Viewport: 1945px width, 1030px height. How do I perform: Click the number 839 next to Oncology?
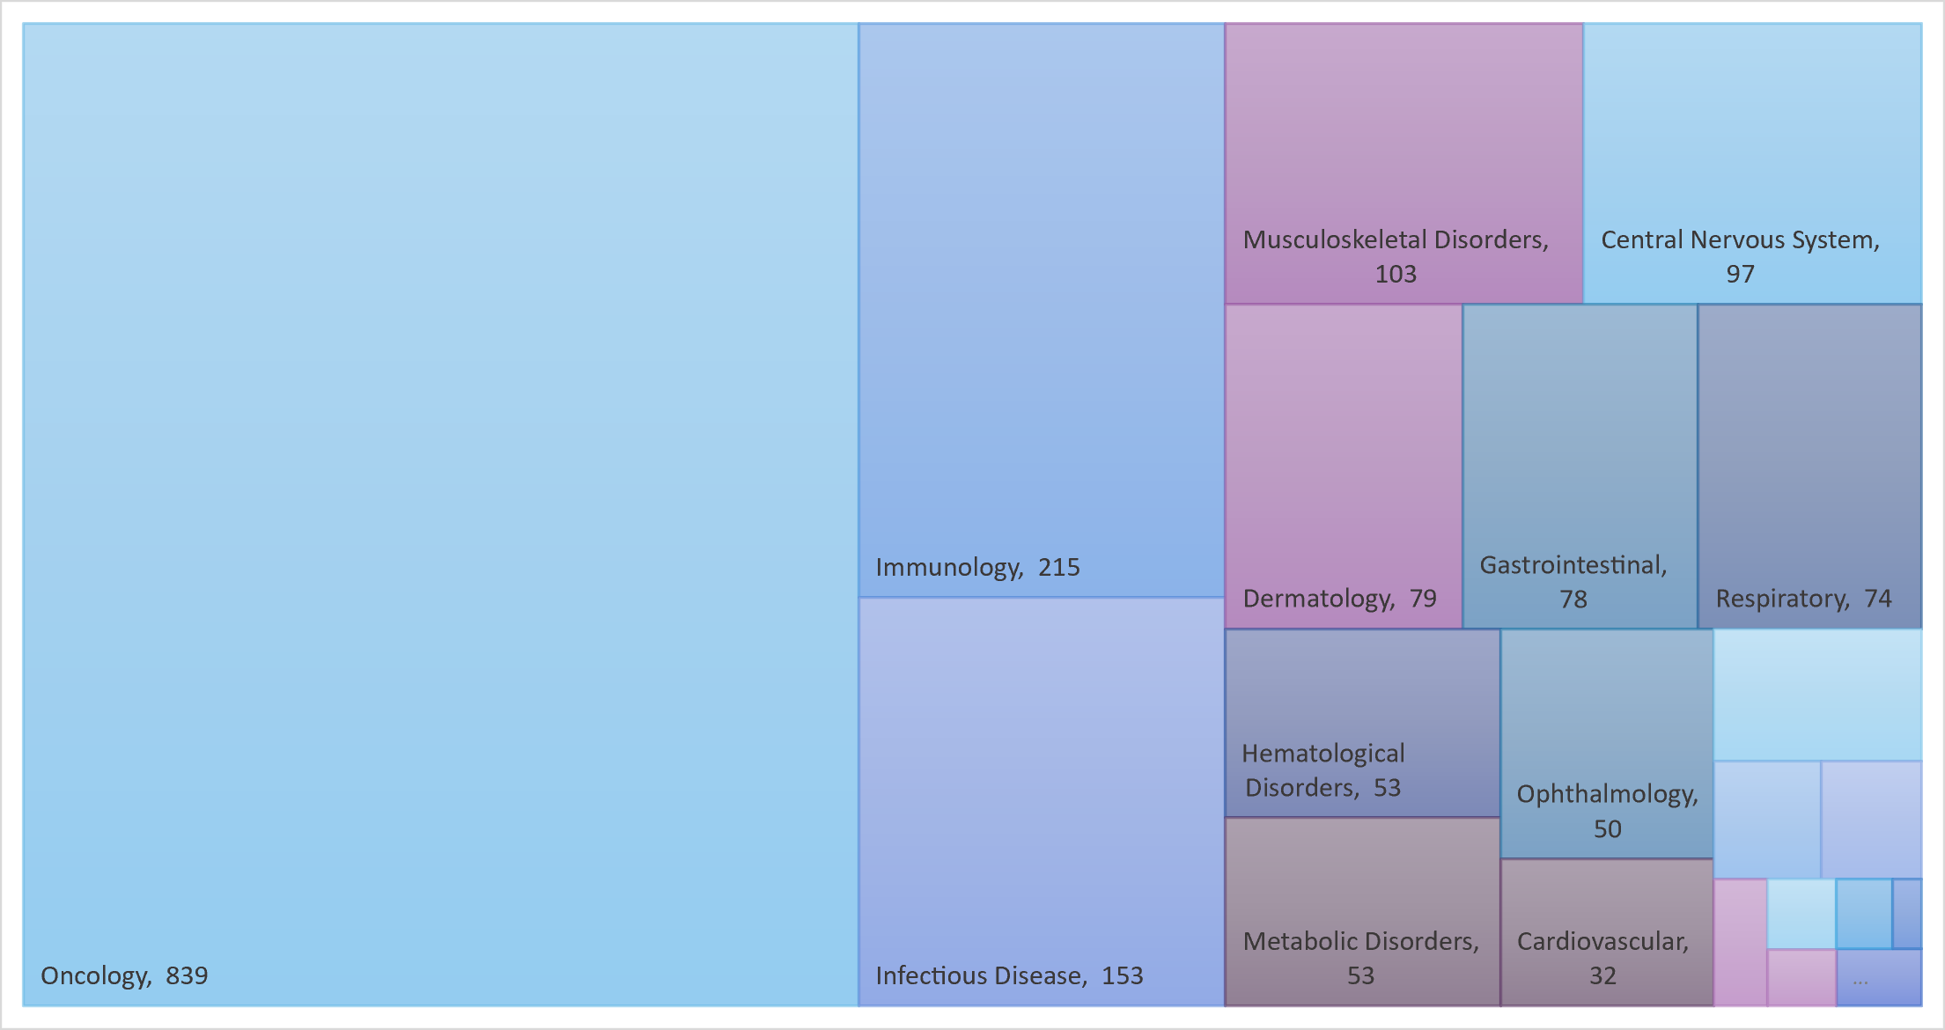coord(187,975)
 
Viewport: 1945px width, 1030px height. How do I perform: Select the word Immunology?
coord(948,568)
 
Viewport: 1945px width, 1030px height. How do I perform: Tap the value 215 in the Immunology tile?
coord(1058,568)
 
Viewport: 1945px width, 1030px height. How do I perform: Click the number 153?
coord(1122,975)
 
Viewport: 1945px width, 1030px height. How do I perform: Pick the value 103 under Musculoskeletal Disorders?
coord(1396,275)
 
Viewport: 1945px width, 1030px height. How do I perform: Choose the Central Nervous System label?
coord(1739,240)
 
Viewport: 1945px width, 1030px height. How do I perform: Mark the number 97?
coord(1740,275)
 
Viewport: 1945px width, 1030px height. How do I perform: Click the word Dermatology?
coord(1317,600)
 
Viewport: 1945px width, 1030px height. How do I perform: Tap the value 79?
coord(1423,600)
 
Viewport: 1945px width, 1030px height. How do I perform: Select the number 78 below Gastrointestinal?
coord(1573,600)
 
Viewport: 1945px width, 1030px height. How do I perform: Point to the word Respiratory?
coord(1781,600)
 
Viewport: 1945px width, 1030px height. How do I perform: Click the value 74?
coord(1877,600)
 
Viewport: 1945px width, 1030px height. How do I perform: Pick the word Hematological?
coord(1322,754)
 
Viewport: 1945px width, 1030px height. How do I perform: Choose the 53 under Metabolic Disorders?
coord(1360,975)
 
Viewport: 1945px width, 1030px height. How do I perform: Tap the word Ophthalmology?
coord(1607,795)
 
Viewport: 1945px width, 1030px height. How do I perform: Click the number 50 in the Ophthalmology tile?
coord(1607,829)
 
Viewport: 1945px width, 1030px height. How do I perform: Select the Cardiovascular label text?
coord(1602,942)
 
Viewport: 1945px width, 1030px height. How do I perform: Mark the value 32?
coord(1602,975)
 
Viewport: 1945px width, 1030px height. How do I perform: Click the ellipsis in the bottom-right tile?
coord(1860,982)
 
